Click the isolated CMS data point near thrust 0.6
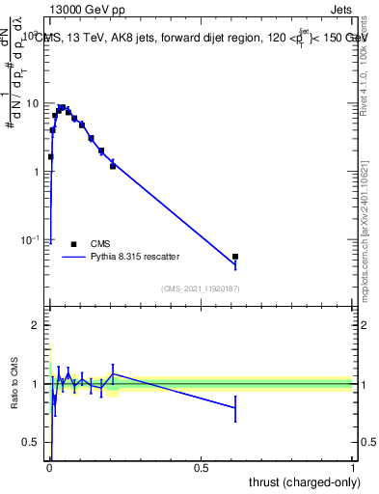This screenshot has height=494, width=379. click(x=235, y=257)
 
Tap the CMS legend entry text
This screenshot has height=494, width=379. click(x=101, y=244)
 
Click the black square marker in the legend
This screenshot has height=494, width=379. click(x=73, y=244)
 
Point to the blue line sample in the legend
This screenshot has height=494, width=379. click(x=73, y=257)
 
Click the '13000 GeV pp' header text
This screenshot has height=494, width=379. click(x=87, y=11)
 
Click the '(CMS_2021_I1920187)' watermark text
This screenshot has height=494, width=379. click(x=200, y=288)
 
